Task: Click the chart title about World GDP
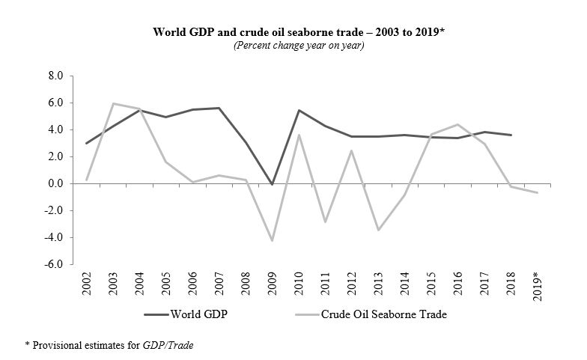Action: [x=293, y=33]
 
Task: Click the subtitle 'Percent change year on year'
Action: [x=293, y=46]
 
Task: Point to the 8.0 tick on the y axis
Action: [x=56, y=76]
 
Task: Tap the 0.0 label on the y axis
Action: [x=56, y=184]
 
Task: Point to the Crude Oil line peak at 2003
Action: [x=113, y=103]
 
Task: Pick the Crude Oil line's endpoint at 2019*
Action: [x=537, y=193]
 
